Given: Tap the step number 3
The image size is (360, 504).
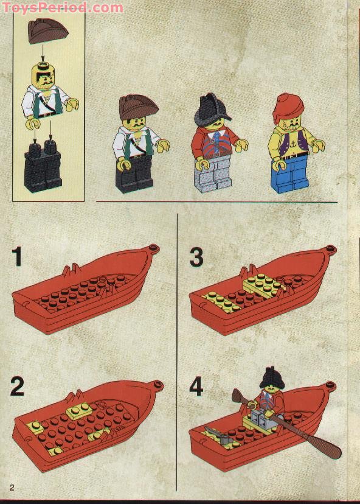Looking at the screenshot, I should [196, 257].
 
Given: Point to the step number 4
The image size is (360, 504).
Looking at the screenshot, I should [196, 388].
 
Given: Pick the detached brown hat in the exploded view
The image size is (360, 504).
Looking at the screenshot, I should [47, 30].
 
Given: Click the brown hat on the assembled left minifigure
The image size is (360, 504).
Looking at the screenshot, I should [137, 107].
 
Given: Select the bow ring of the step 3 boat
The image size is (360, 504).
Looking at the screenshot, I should [330, 248].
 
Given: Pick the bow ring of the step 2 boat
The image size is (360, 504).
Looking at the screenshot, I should [158, 385].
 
